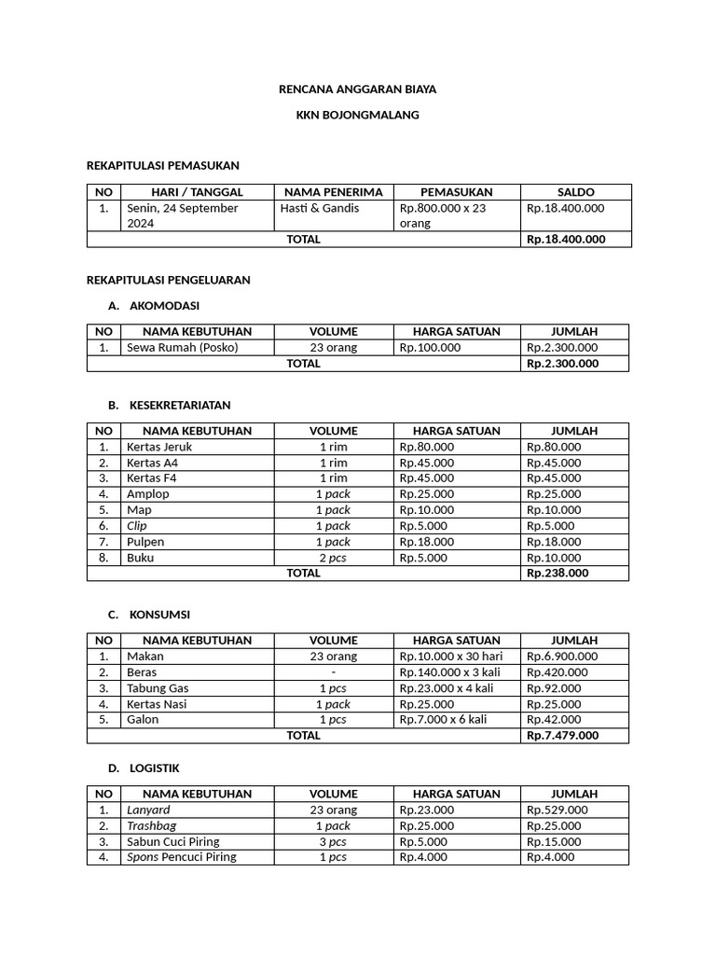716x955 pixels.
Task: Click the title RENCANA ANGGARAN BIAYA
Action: pyautogui.click(x=357, y=90)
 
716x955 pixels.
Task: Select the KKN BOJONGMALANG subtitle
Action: pyautogui.click(x=357, y=115)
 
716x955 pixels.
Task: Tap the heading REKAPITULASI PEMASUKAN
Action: pyautogui.click(x=163, y=165)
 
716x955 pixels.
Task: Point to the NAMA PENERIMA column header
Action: pyautogui.click(x=333, y=191)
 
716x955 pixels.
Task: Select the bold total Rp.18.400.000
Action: pyautogui.click(x=566, y=239)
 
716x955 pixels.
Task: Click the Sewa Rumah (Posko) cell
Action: pyautogui.click(x=183, y=347)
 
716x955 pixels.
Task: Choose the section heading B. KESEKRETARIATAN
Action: pyautogui.click(x=169, y=405)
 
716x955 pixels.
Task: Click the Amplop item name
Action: pyautogui.click(x=148, y=494)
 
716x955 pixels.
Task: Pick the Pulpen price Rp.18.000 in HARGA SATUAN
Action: pyautogui.click(x=427, y=542)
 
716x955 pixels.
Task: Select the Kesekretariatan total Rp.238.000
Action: pyautogui.click(x=558, y=574)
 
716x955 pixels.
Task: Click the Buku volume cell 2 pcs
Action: pyautogui.click(x=333, y=558)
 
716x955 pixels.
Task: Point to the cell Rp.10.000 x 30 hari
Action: pyautogui.click(x=451, y=656)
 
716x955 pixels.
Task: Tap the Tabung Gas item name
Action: pyautogui.click(x=158, y=688)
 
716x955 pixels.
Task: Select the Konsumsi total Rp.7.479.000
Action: pyautogui.click(x=562, y=735)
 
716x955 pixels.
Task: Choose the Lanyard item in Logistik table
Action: pyautogui.click(x=148, y=810)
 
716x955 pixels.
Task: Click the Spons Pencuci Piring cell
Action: pyautogui.click(x=182, y=857)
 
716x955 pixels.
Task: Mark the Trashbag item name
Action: pyautogui.click(x=151, y=825)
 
